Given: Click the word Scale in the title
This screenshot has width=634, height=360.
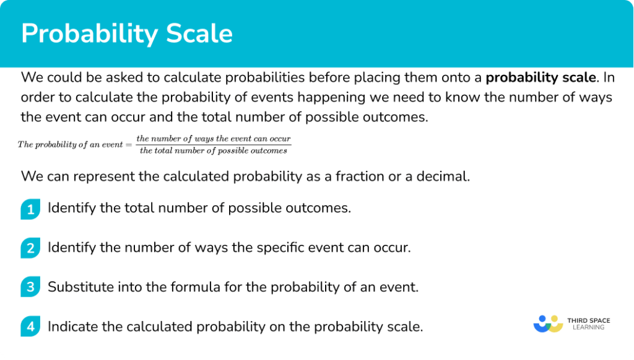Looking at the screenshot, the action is pos(199,33).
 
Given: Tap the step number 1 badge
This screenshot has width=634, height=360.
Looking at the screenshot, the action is pos(30,209).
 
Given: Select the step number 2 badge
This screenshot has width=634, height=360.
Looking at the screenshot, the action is pos(30,248).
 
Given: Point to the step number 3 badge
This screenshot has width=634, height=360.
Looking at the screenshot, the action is pos(30,287).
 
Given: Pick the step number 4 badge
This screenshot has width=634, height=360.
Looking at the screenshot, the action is pos(30,327).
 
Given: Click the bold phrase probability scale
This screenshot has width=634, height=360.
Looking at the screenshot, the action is pos(541,77).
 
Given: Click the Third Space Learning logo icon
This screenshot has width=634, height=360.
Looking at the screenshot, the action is pos(549,323).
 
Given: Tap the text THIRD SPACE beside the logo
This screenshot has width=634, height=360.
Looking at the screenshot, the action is pos(589,320).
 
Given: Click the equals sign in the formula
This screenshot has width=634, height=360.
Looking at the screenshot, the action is pos(129,145).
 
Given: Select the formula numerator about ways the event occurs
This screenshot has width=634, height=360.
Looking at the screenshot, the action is pos(214,139).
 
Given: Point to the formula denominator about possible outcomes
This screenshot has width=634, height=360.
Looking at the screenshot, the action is pos(214,151).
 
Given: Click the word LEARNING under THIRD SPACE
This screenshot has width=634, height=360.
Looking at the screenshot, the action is pos(589,327).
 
